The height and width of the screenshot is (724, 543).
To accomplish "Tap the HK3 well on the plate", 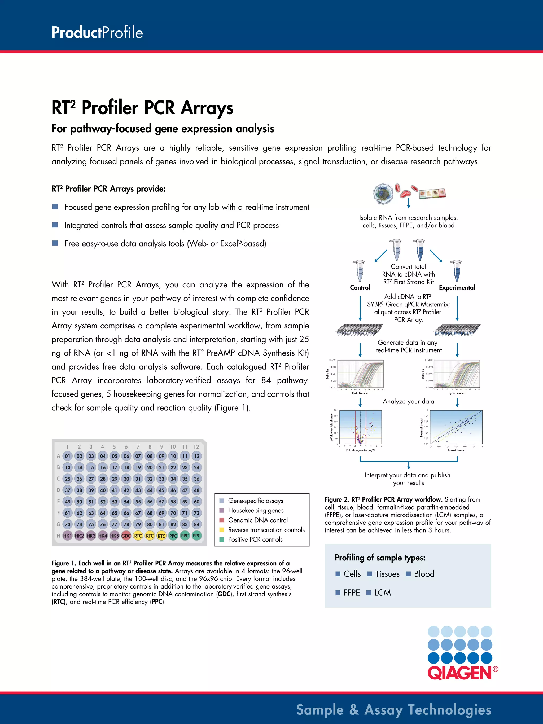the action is (x=91, y=536).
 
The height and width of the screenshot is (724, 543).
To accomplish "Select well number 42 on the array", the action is (x=126, y=490).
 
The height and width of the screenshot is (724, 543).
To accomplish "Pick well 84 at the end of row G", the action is (x=197, y=524).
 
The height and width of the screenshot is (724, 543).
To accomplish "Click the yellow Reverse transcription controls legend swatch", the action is (x=222, y=530).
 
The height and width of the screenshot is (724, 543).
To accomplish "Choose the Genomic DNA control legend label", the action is (x=258, y=520).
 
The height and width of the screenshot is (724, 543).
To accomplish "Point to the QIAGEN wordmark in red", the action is (x=459, y=673).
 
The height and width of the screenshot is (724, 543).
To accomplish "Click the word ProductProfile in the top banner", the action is (x=97, y=33).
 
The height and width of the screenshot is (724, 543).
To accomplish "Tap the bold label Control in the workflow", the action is (x=360, y=288).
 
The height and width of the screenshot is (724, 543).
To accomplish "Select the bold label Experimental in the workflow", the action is (x=457, y=288).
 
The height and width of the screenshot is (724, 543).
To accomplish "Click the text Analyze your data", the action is (x=409, y=402).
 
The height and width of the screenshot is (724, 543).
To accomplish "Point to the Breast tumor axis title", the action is (x=456, y=450).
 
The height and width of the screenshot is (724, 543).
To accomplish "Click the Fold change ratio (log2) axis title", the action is (x=360, y=450).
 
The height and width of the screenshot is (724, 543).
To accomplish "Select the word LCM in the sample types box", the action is (x=383, y=593).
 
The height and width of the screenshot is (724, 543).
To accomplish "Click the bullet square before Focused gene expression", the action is (x=55, y=207).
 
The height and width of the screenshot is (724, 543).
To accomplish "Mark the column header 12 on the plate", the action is (x=196, y=446).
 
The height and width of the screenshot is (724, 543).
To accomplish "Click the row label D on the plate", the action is (x=58, y=490).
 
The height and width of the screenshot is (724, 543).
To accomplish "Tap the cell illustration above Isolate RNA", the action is (x=383, y=194).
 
